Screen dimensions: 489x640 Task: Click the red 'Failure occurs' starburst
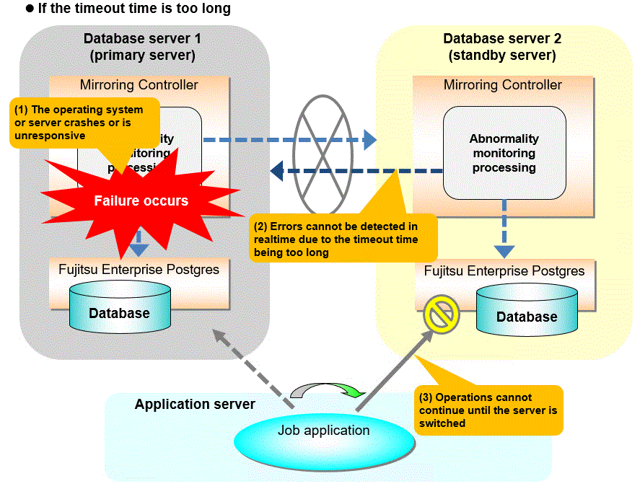pos(141,201)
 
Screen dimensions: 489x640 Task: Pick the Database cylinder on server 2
pos(527,311)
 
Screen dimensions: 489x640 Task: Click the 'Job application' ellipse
pos(324,431)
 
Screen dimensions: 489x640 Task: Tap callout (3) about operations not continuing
pos(488,410)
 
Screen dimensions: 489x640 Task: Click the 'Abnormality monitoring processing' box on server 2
pos(504,152)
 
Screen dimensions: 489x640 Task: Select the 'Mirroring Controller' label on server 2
pos(503,85)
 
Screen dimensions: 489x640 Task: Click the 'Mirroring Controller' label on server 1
pos(139,85)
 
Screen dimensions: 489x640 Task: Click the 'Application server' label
pos(195,405)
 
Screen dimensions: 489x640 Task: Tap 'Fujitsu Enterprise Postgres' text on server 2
pos(504,271)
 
